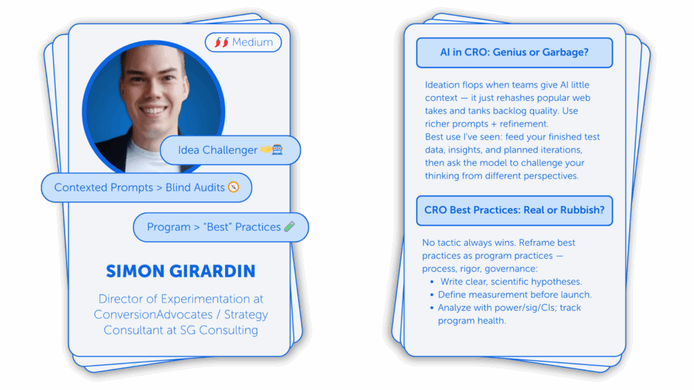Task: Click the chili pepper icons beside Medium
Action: coord(222,42)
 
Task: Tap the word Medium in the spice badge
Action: coord(252,42)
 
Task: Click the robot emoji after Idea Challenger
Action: coord(277,150)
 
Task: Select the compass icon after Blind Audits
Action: coord(234,187)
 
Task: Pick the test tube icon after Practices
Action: coord(289,226)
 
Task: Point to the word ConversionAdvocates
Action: coord(153,314)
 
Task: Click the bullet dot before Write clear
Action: coord(432,282)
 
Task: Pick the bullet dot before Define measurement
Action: coord(432,295)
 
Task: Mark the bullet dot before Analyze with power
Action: coord(432,308)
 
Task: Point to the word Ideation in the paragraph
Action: coord(442,85)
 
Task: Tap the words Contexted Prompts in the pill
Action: coord(104,188)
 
